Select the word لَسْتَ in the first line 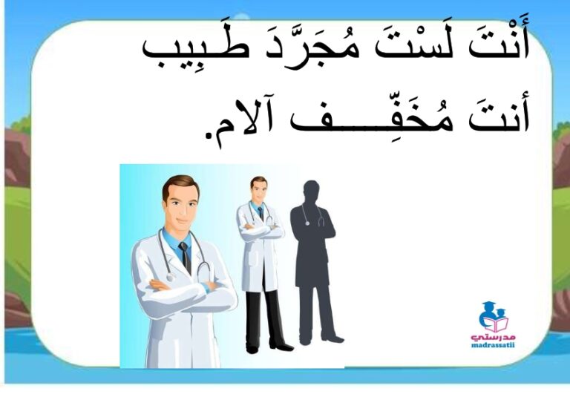click(413, 45)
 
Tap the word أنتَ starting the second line click(499, 114)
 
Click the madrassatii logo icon click(493, 317)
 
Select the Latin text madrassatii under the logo click(493, 345)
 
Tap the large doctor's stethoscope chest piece click(170, 278)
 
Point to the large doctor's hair click(180, 186)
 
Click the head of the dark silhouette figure click(312, 191)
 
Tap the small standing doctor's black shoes click(269, 347)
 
